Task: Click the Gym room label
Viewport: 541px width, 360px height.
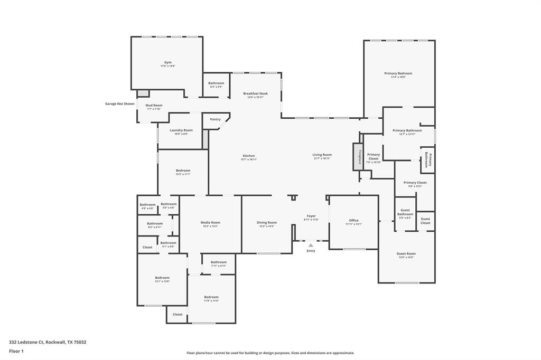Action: pos(167,62)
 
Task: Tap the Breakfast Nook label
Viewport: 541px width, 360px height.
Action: pos(255,93)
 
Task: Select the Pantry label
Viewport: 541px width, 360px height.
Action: pos(215,119)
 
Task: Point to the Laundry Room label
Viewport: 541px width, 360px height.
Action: pos(181,130)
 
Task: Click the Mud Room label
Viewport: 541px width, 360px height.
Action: pos(154,106)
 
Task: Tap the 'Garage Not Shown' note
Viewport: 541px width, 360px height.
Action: pos(119,103)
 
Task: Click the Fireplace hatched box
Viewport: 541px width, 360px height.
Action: pos(358,157)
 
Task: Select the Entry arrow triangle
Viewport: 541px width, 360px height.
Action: pos(311,245)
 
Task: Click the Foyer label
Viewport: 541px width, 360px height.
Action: pos(311,216)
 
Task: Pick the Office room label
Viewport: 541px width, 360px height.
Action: pos(353,220)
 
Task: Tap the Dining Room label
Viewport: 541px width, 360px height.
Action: pos(266,222)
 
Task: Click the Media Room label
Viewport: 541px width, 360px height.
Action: pos(210,222)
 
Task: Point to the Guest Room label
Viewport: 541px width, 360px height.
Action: pos(406,253)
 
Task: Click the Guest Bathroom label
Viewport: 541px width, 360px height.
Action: pos(405,212)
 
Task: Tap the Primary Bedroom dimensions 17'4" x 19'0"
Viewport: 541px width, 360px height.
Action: pos(398,78)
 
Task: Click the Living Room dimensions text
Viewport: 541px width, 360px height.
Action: pos(322,159)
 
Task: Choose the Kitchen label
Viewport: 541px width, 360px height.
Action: pos(249,156)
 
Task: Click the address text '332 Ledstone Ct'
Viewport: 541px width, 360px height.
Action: pos(27,342)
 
